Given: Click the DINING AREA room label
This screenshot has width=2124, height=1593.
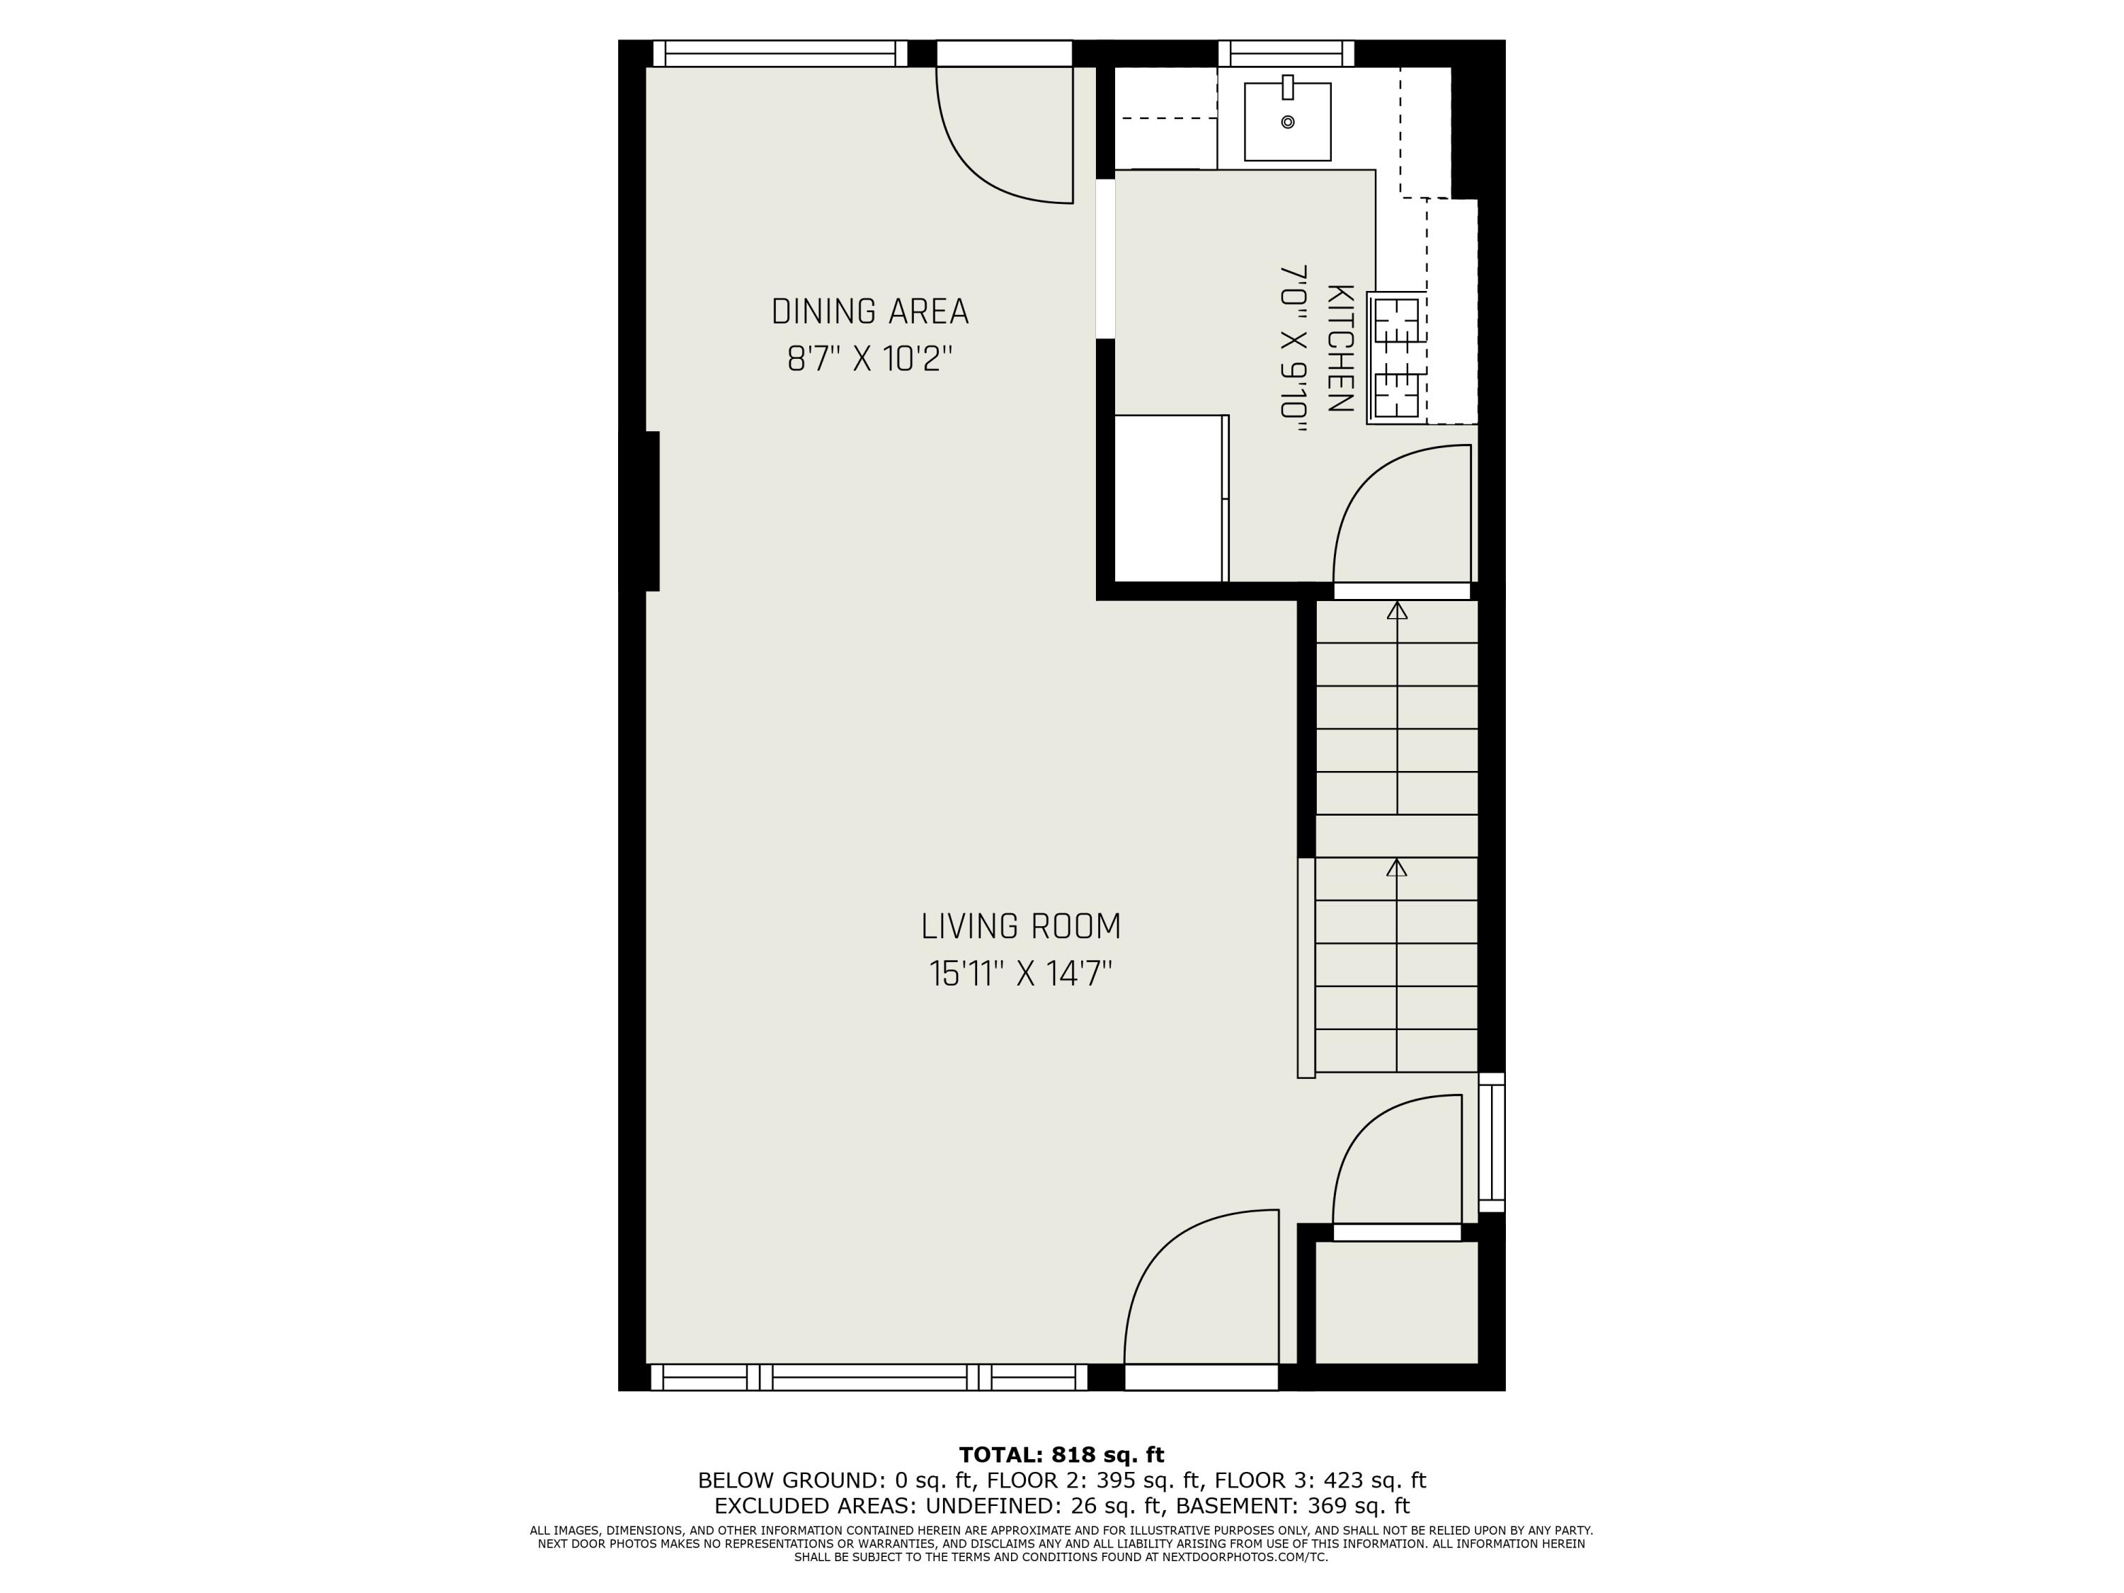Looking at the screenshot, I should click(870, 312).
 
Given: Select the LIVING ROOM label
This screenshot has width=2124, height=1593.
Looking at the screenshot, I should click(1021, 927).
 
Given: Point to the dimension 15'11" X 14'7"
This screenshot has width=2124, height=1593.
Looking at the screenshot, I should click(1021, 975).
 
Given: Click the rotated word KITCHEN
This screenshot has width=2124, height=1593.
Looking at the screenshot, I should click(1340, 348).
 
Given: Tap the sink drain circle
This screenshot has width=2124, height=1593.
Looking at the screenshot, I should click(1288, 122).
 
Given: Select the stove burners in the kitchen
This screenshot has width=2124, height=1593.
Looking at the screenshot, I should click(1396, 358).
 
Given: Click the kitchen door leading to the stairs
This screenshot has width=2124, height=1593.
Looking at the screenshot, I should click(1402, 590).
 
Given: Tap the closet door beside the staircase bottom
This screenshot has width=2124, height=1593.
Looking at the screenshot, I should click(1397, 1232).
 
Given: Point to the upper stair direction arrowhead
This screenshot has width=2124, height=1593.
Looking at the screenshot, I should click(1397, 611).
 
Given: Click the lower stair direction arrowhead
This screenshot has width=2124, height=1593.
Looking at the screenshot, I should click(1397, 868).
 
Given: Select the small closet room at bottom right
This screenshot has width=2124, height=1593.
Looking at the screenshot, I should click(1396, 1302).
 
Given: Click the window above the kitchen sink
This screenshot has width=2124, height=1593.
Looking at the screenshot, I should click(1286, 53).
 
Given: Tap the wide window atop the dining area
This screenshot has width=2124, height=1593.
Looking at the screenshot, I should click(780, 53).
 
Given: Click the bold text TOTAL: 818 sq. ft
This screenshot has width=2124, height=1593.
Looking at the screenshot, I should click(1061, 1455).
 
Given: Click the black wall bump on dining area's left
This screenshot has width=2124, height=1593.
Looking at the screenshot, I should click(651, 511).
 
